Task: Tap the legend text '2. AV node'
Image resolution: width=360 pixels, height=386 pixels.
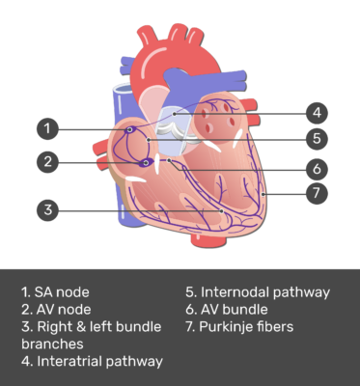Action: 57,309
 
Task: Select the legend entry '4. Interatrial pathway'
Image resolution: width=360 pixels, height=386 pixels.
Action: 92,362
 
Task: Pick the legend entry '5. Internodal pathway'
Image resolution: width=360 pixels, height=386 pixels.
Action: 258,291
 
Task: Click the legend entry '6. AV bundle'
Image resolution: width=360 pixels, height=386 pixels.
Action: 229,309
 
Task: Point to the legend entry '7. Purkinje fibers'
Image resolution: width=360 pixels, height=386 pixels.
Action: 239,326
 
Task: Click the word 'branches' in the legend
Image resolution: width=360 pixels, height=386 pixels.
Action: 51,344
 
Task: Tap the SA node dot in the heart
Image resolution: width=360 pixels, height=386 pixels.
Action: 130,128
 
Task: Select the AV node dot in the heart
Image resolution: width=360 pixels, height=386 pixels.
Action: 146,163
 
